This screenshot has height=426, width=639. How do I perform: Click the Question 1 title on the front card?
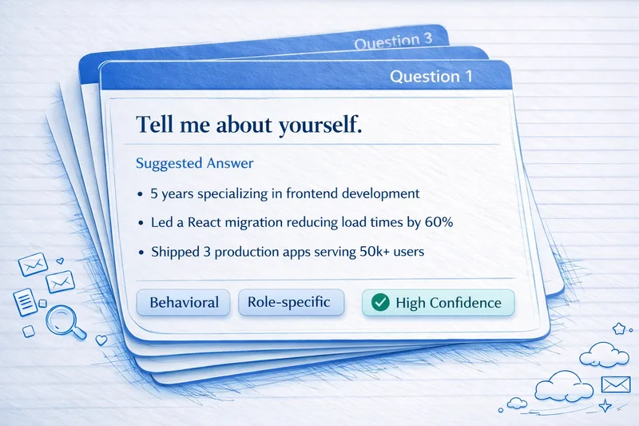click(x=431, y=77)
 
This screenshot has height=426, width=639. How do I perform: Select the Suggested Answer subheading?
click(x=194, y=163)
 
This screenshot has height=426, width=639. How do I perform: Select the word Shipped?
click(x=177, y=251)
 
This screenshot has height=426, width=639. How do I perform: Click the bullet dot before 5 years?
click(x=141, y=193)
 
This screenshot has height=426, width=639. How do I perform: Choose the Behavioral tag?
click(x=184, y=303)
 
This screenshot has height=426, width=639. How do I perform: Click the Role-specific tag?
click(x=290, y=303)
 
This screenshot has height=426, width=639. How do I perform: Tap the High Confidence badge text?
click(x=448, y=304)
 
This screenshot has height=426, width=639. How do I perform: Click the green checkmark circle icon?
click(x=381, y=304)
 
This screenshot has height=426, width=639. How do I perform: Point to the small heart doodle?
click(x=101, y=339)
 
